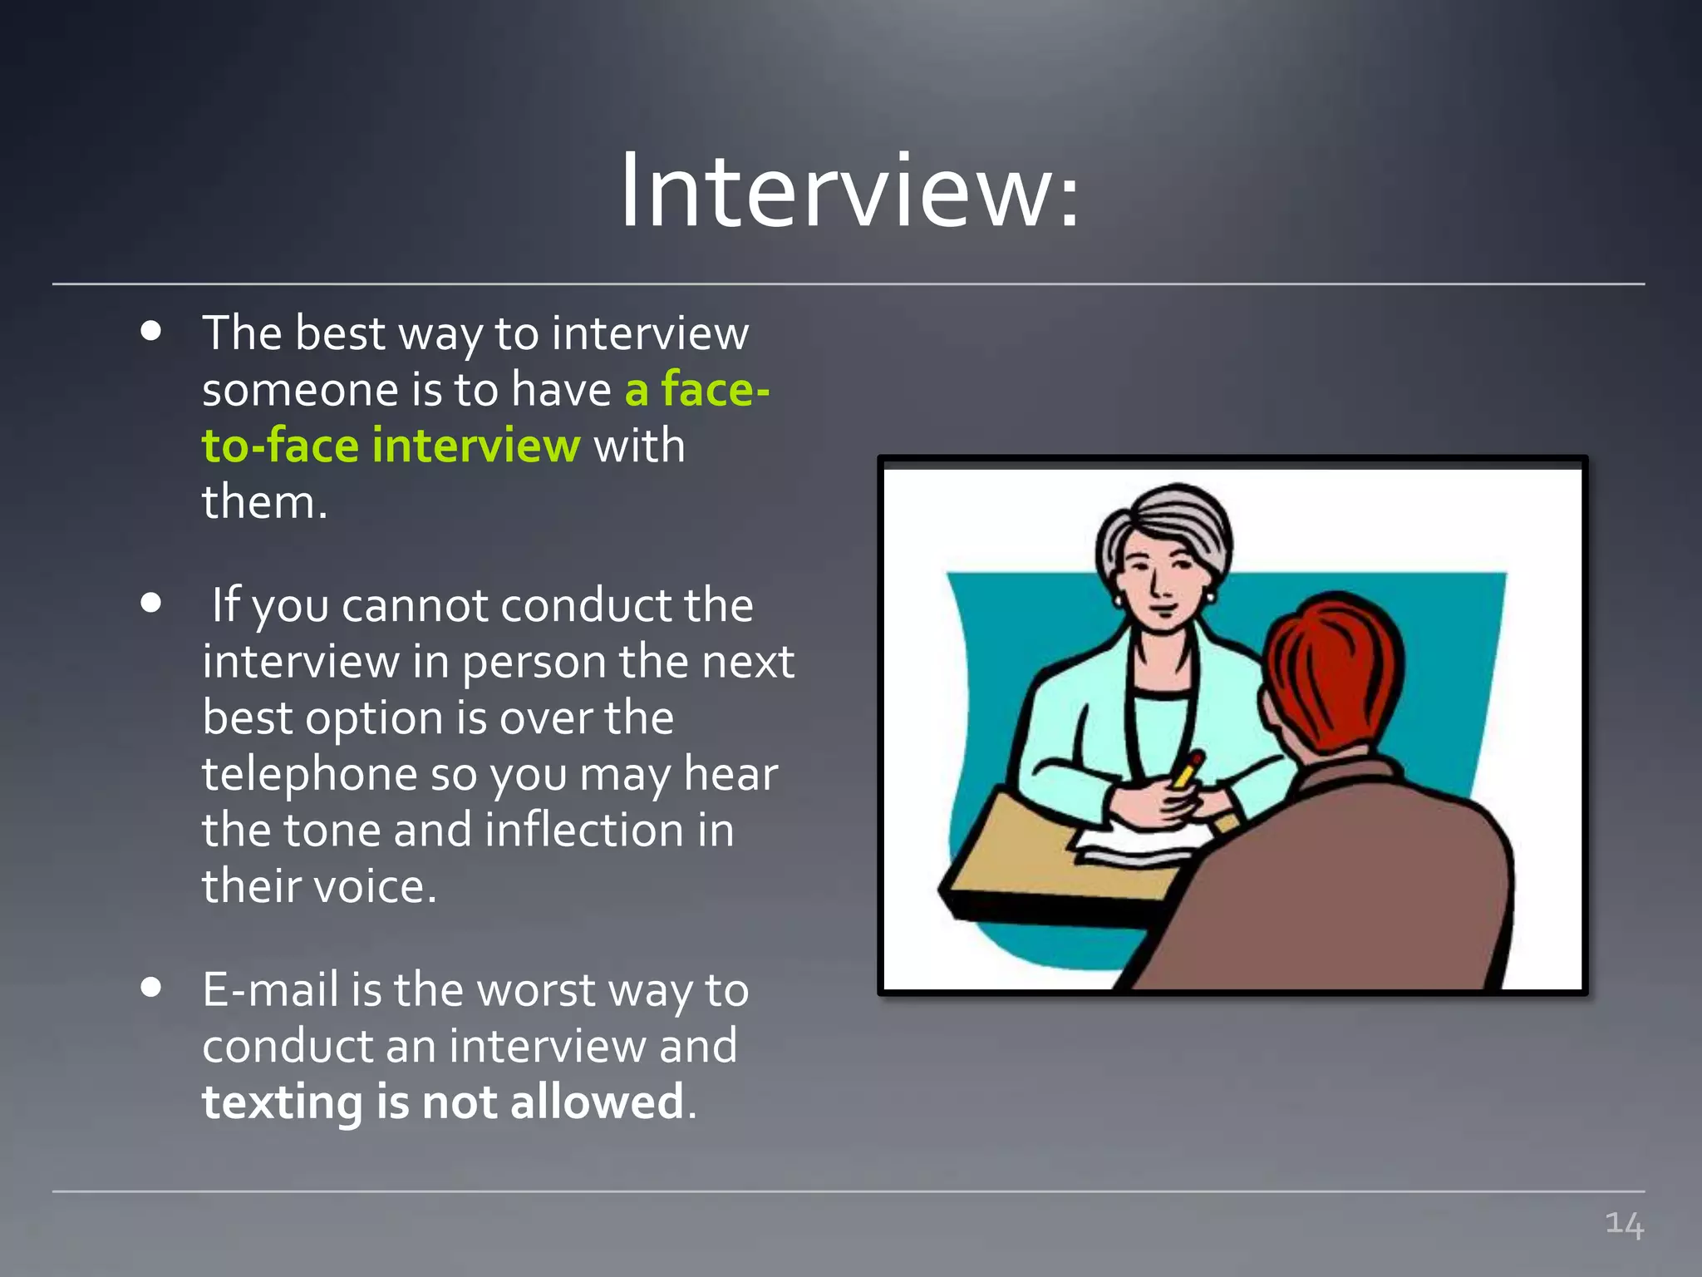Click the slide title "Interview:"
[849, 191]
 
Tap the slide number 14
[1624, 1224]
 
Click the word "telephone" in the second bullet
[309, 774]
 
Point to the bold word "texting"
[282, 1102]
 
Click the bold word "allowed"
[597, 1102]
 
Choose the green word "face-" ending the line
[715, 389]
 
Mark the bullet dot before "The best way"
[150, 332]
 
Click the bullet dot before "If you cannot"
[150, 603]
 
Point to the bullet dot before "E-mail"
[150, 988]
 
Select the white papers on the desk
[1139, 848]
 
